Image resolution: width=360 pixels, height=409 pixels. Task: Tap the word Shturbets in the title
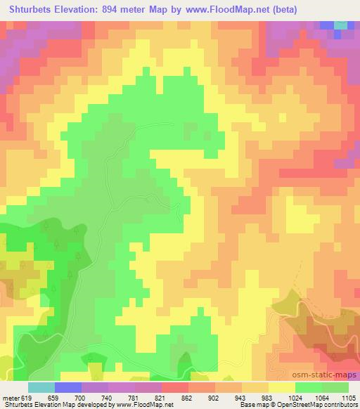pos(29,11)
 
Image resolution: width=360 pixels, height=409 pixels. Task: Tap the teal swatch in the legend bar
pos(41,387)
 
